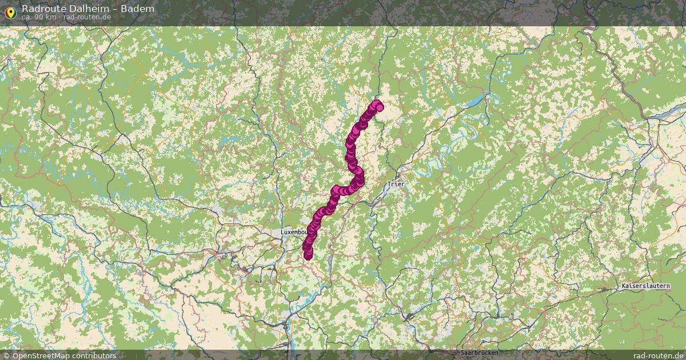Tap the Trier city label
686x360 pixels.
tap(395, 184)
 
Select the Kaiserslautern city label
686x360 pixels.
tap(646, 286)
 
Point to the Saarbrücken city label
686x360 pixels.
tap(478, 353)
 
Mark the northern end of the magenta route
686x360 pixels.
tap(377, 106)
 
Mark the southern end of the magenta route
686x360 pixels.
tap(308, 255)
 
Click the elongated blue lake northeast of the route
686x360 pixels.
tap(476, 101)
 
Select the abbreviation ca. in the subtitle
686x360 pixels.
tap(27, 17)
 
